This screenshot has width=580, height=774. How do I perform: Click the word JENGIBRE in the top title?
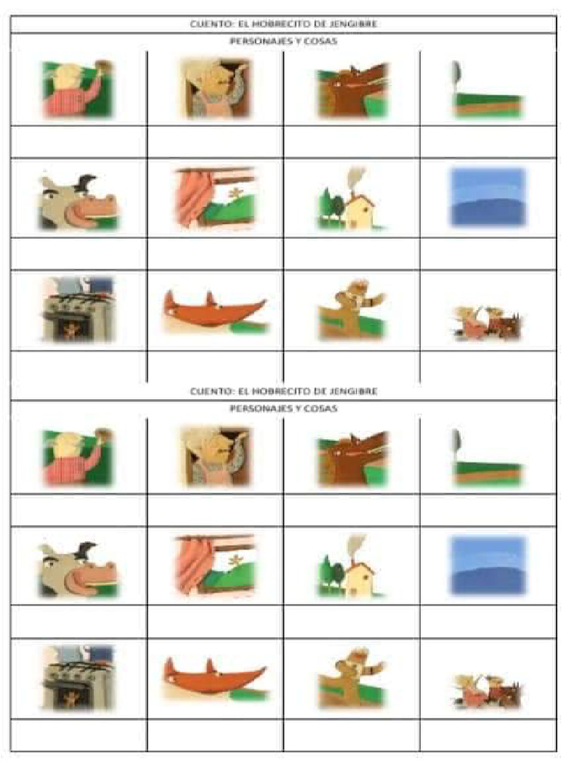coord(353,23)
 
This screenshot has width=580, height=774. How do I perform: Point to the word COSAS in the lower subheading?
coord(323,408)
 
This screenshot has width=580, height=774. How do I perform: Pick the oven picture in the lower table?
coord(78,676)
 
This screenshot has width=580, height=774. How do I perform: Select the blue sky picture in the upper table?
coord(487,197)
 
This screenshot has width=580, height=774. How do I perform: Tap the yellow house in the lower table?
coord(359,578)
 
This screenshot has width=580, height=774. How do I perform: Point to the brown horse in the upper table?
coord(351,91)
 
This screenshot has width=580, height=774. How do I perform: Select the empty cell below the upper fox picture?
coord(215,366)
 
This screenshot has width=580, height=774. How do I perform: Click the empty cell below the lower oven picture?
coord(79,735)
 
